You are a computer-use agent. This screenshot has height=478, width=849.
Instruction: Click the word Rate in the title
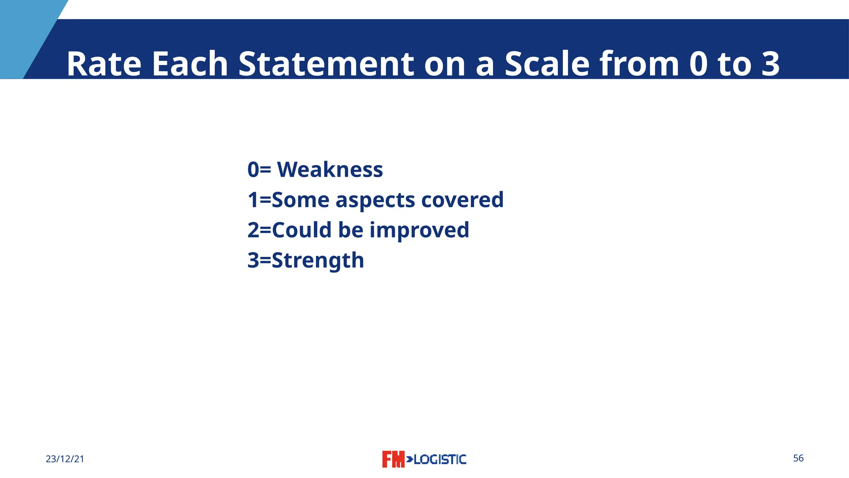tap(104, 64)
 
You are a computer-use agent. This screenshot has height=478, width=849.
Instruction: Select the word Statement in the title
tap(326, 64)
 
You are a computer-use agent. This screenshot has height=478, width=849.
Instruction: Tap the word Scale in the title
tap(547, 64)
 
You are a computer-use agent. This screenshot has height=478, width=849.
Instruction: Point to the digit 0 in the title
tap(698, 64)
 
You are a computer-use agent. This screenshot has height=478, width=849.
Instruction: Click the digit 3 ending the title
tap(770, 64)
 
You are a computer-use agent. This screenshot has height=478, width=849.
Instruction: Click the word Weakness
tap(330, 170)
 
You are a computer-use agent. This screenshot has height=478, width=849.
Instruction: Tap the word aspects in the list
tap(375, 200)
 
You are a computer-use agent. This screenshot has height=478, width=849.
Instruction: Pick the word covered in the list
tap(462, 200)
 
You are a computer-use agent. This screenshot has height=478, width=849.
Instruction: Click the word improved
tap(419, 230)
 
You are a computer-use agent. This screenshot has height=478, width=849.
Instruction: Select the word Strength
tap(318, 261)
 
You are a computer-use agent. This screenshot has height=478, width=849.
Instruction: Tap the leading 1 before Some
tap(253, 200)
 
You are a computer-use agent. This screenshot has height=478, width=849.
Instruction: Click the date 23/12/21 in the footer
tap(65, 459)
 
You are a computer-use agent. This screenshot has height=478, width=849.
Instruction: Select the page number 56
tap(798, 458)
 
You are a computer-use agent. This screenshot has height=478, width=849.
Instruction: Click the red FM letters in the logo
tap(393, 459)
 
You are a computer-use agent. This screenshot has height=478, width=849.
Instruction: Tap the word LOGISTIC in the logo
tap(440, 459)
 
